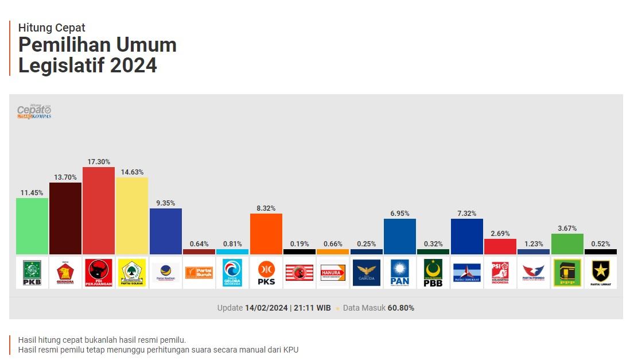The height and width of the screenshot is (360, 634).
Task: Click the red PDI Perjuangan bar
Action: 99,211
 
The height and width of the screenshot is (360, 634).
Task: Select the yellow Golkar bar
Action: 132,216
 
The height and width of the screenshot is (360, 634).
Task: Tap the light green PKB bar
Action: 32,226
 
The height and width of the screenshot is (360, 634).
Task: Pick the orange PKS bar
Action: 266,234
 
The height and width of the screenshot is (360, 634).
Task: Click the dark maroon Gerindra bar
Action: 65,218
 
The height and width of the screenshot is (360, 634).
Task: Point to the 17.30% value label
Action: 99,162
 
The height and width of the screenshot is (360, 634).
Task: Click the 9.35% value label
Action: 166,203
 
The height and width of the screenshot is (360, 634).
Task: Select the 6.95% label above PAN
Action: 400,214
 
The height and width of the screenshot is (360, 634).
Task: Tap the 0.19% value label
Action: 300,244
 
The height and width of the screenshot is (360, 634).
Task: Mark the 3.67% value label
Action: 567,229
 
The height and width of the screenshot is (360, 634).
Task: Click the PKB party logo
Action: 32,273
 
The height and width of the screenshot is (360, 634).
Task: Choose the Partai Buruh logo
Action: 199,273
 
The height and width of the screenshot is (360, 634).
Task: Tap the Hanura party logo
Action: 333,273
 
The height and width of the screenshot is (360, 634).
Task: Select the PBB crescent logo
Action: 433,273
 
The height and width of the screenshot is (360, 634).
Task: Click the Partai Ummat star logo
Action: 601,273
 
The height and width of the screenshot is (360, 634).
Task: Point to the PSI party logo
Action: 500,273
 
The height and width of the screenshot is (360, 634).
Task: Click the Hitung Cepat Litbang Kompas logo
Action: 34,111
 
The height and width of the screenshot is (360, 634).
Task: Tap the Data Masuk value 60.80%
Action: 400,308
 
